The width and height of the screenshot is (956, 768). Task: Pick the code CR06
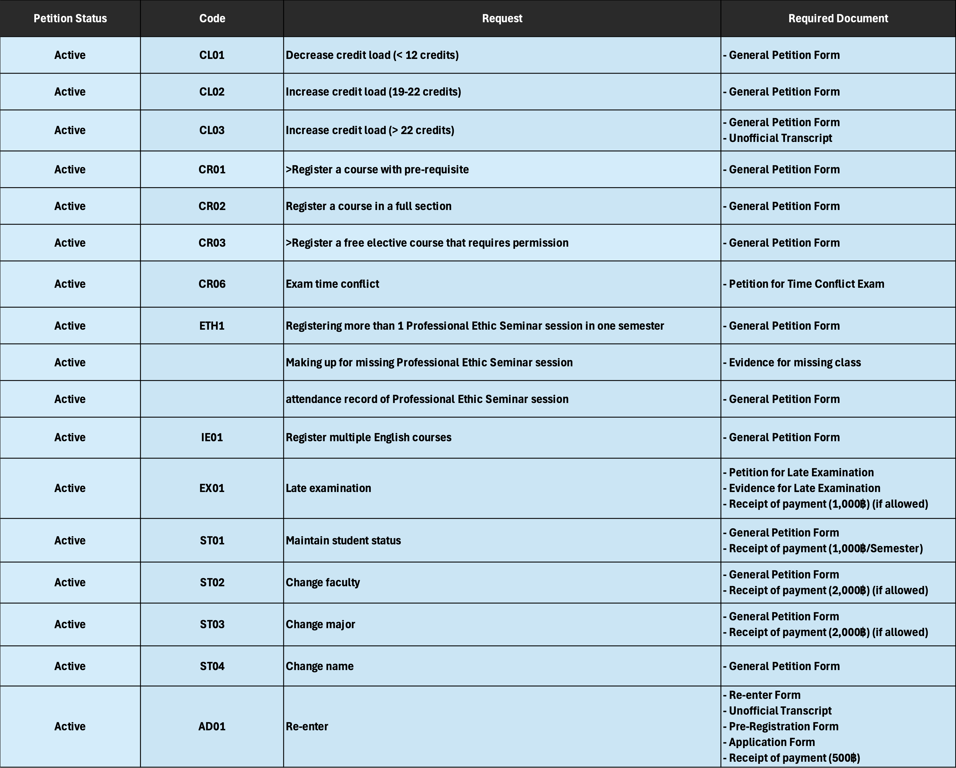[212, 284]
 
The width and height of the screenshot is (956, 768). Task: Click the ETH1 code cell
[212, 326]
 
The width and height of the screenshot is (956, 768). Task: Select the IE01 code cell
[212, 438]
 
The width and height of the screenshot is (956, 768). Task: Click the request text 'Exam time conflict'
[333, 284]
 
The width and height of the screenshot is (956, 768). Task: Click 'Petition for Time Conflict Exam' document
[806, 284]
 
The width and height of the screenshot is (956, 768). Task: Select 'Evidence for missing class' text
[795, 363]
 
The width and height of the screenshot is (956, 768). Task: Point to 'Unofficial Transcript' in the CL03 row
[780, 138]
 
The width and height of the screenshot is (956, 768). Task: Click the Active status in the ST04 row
[70, 666]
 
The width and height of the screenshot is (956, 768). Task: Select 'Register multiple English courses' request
[368, 438]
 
